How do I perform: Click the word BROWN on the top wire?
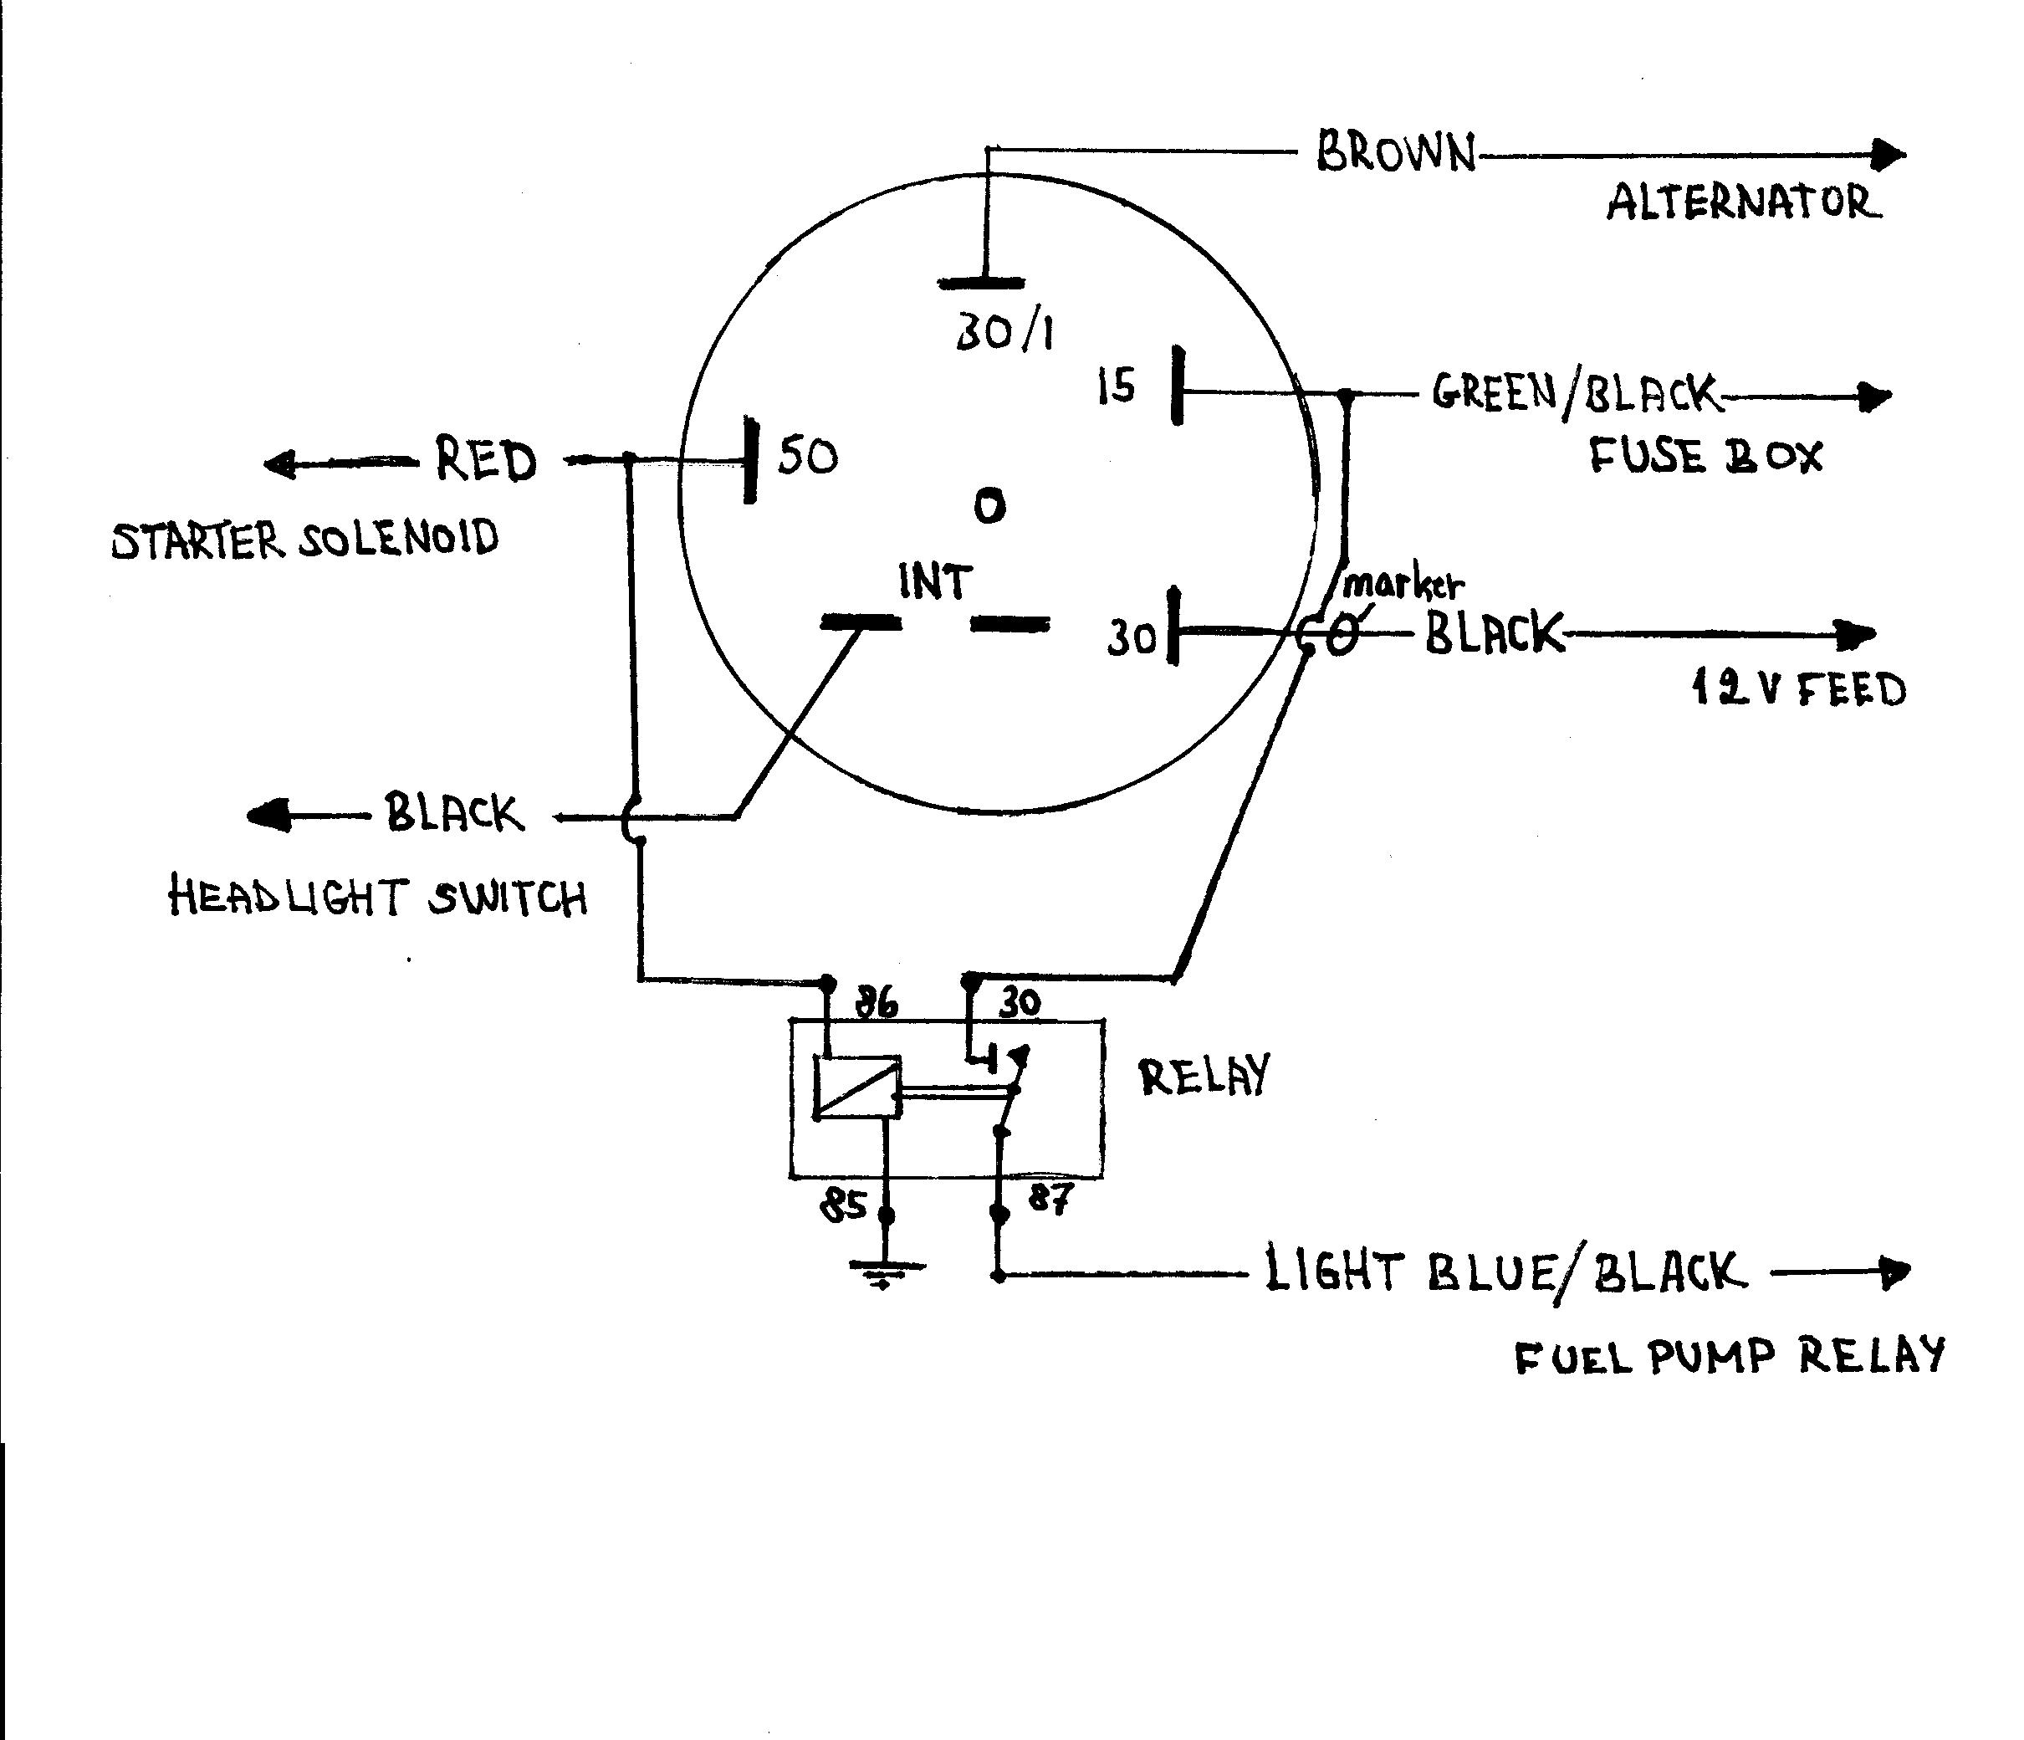1395,153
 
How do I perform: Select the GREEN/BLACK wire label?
1574,394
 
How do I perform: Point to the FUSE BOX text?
1705,456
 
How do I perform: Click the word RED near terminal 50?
485,460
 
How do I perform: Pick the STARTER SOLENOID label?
304,540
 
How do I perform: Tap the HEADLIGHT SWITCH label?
378,897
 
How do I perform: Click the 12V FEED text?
1798,691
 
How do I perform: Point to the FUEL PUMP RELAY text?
1729,1357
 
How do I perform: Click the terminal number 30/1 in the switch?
1003,334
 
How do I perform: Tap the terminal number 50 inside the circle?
808,456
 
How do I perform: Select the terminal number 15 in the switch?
1116,386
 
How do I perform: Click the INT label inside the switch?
935,582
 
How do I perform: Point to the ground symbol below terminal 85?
886,1273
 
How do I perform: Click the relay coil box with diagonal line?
856,1086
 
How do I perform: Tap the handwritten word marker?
1403,586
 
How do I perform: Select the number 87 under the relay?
1050,1198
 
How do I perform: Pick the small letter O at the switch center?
989,506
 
